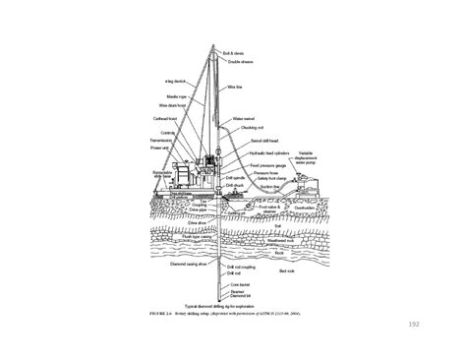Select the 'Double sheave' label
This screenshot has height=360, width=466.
coord(241,61)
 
